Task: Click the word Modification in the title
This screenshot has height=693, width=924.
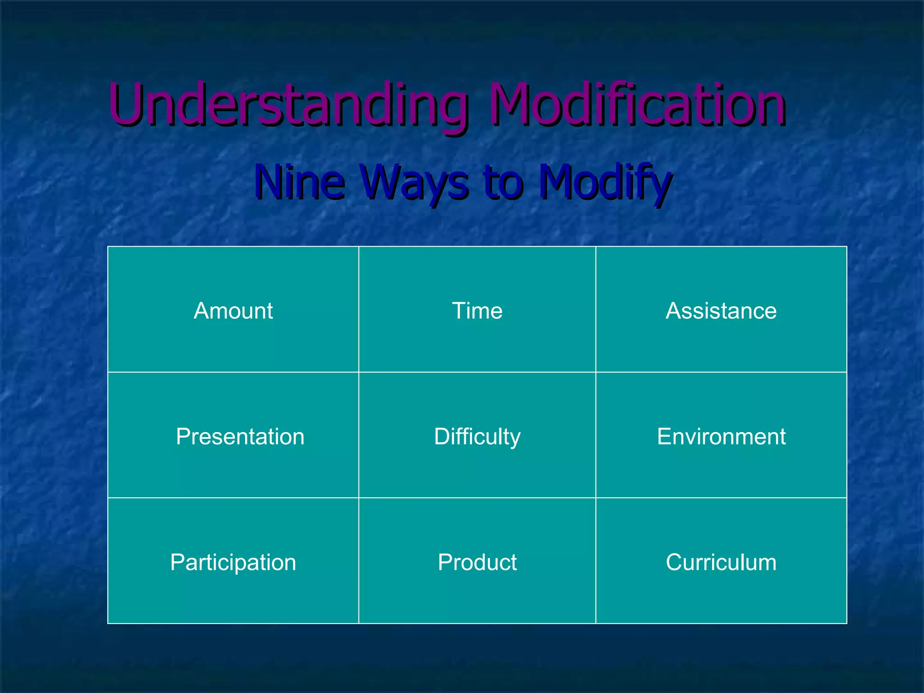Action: [637, 105]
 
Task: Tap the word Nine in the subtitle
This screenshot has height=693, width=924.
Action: [300, 181]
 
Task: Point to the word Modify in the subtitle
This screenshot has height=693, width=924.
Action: [605, 181]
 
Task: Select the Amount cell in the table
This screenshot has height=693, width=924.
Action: [233, 310]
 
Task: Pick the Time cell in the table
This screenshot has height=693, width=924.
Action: [477, 310]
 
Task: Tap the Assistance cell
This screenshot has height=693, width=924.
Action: [721, 310]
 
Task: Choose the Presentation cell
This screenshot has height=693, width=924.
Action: [240, 436]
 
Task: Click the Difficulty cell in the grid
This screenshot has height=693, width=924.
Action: [477, 436]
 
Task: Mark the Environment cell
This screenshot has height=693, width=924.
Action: [721, 436]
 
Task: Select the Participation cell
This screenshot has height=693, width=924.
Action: [233, 562]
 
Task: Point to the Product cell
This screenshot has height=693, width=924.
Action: [477, 562]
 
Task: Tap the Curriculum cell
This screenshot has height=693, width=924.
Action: [721, 562]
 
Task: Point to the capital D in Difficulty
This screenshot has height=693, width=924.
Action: [443, 436]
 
